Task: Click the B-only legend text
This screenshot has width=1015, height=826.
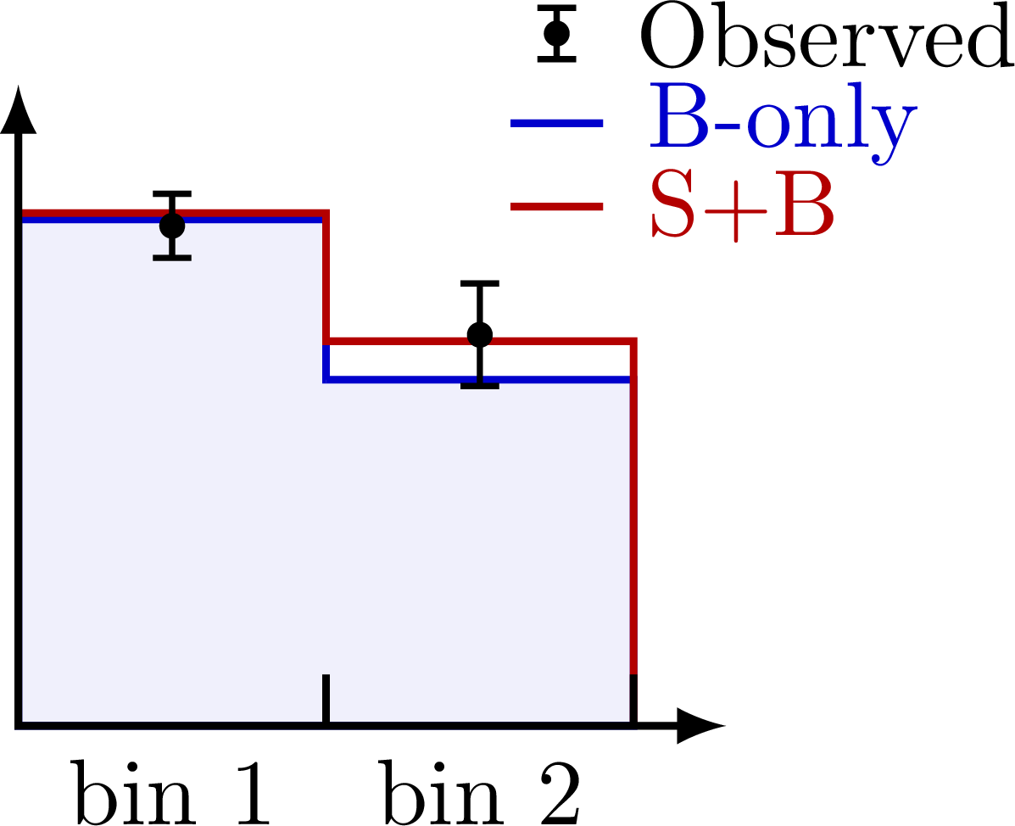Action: pos(782,120)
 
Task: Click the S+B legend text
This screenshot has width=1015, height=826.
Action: pos(742,206)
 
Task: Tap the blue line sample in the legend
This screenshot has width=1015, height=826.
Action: pos(556,123)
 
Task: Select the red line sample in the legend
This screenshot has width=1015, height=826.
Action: pos(556,207)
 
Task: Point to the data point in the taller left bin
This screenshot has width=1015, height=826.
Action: pos(172,226)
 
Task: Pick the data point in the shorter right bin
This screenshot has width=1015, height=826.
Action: pos(480,337)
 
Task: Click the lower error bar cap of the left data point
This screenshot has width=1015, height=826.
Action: pos(172,257)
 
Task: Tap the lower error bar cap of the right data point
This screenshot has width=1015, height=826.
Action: pos(480,386)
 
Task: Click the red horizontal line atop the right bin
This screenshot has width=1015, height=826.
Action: pos(560,341)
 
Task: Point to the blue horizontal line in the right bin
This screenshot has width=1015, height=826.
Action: pos(560,379)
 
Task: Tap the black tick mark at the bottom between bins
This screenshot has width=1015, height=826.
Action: pos(326,697)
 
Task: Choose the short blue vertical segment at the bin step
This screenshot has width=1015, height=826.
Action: pos(326,363)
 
